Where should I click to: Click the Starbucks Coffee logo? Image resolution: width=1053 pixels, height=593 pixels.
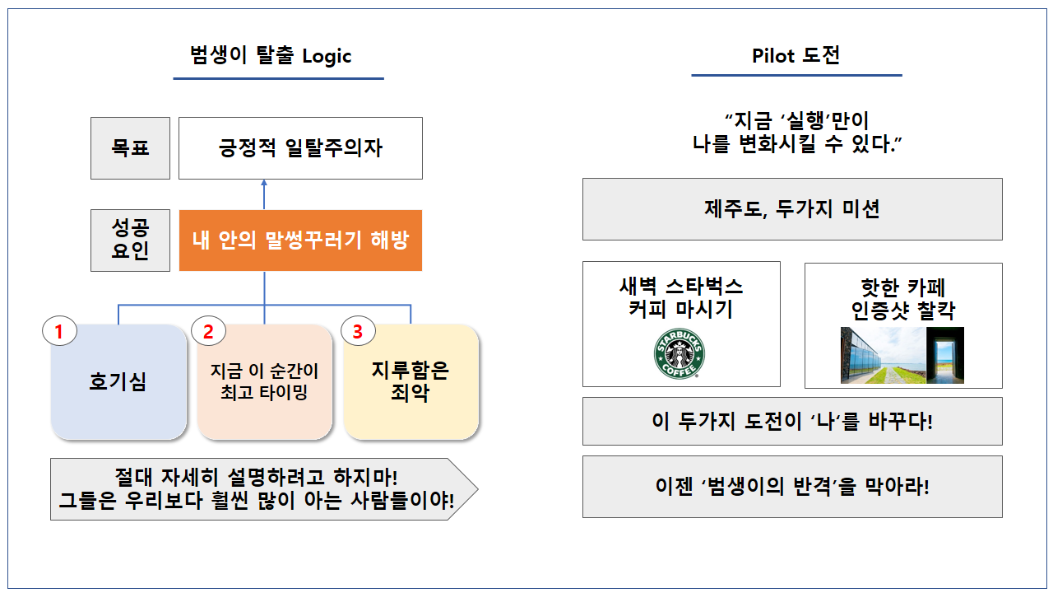click(680, 355)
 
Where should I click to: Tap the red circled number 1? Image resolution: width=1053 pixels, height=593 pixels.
click(58, 332)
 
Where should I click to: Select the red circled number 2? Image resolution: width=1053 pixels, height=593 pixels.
click(208, 332)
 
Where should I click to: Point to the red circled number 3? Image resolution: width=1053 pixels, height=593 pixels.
click(357, 332)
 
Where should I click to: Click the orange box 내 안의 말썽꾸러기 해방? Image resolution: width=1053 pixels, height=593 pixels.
click(300, 240)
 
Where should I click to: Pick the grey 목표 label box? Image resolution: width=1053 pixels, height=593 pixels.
click(130, 148)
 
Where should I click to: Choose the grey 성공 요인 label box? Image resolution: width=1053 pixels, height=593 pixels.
click(130, 240)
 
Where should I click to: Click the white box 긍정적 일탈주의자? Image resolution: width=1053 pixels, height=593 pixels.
click(300, 148)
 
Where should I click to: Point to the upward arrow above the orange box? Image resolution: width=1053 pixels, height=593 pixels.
click(264, 194)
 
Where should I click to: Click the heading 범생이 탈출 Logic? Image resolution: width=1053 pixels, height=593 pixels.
click(271, 56)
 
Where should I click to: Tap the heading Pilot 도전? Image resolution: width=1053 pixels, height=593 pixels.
click(796, 55)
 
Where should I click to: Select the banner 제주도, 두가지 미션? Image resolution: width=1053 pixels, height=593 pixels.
click(792, 209)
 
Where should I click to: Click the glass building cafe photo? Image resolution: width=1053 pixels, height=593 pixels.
click(883, 355)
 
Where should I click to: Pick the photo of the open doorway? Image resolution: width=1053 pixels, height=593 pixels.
click(945, 355)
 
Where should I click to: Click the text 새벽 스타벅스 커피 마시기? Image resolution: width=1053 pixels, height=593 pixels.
click(681, 298)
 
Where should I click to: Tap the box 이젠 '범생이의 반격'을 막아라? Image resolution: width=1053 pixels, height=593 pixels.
click(792, 486)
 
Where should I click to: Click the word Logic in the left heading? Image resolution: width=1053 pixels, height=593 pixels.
click(327, 56)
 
